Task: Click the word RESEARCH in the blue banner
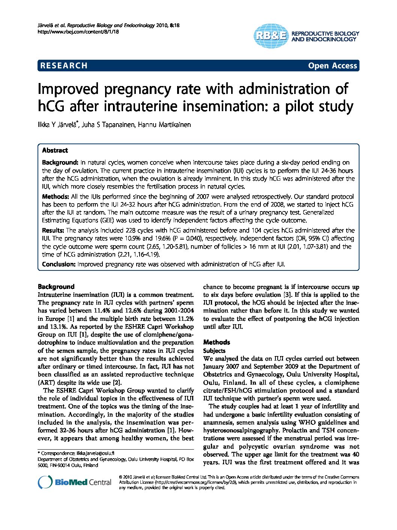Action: [64, 66]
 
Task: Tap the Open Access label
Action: [332, 66]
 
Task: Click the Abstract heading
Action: [55, 150]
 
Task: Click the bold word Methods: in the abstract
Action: [56, 196]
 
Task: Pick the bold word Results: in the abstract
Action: [53, 230]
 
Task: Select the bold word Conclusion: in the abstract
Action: [59, 264]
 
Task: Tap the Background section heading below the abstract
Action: [56, 287]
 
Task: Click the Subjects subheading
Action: [214, 350]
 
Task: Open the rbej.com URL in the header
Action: [79, 32]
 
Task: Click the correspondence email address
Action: [95, 453]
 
